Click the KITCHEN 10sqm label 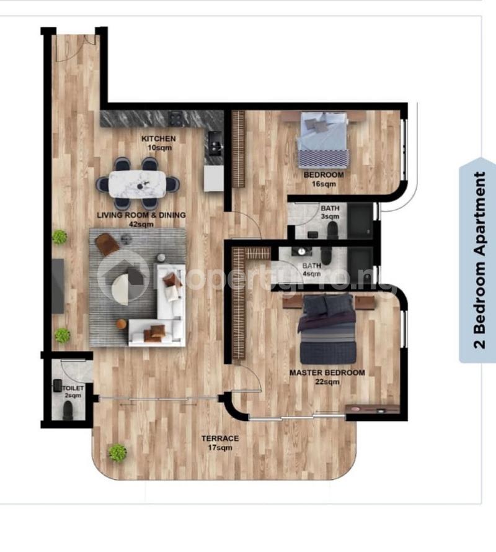(158, 143)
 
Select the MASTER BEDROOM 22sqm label (327, 377)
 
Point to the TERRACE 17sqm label (219, 443)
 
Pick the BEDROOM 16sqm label (323, 179)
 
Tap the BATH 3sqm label (329, 212)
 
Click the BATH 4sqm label (311, 269)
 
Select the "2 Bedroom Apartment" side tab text (480, 260)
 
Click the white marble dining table (137, 184)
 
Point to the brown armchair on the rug (107, 243)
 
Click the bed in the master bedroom (327, 330)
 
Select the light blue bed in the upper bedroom (322, 140)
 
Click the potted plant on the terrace (117, 452)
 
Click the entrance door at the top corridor (75, 47)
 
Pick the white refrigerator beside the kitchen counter (213, 179)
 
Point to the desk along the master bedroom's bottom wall (372, 409)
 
